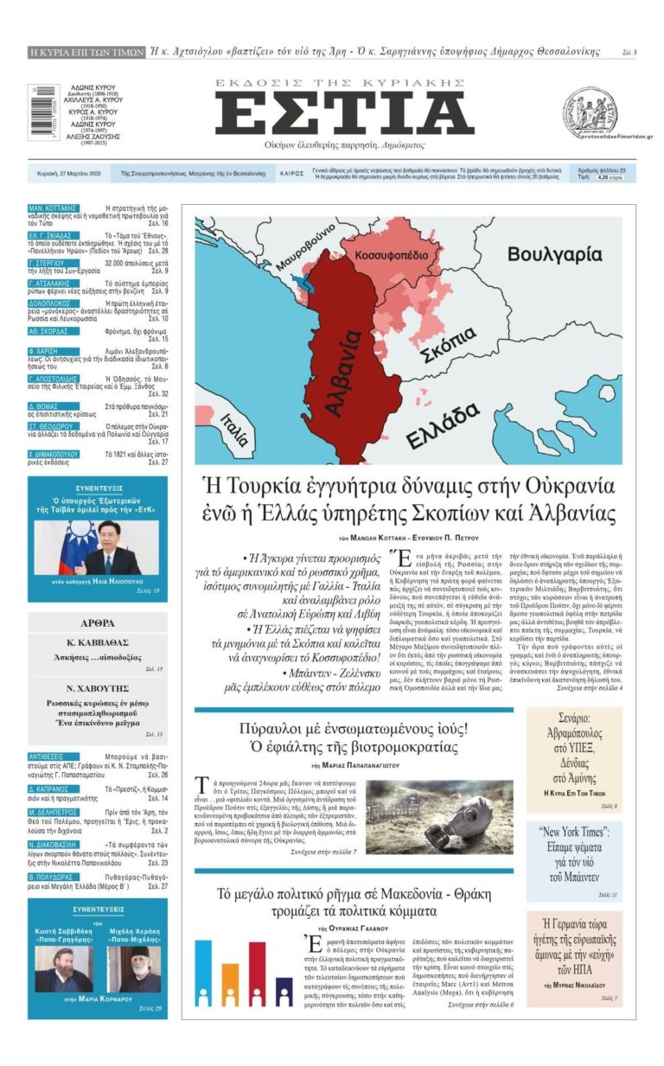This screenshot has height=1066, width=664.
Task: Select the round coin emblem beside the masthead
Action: click(x=590, y=111)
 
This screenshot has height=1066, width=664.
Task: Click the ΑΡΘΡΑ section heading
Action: click(x=96, y=622)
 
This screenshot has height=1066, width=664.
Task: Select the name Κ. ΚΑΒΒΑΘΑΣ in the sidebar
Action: click(x=96, y=644)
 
